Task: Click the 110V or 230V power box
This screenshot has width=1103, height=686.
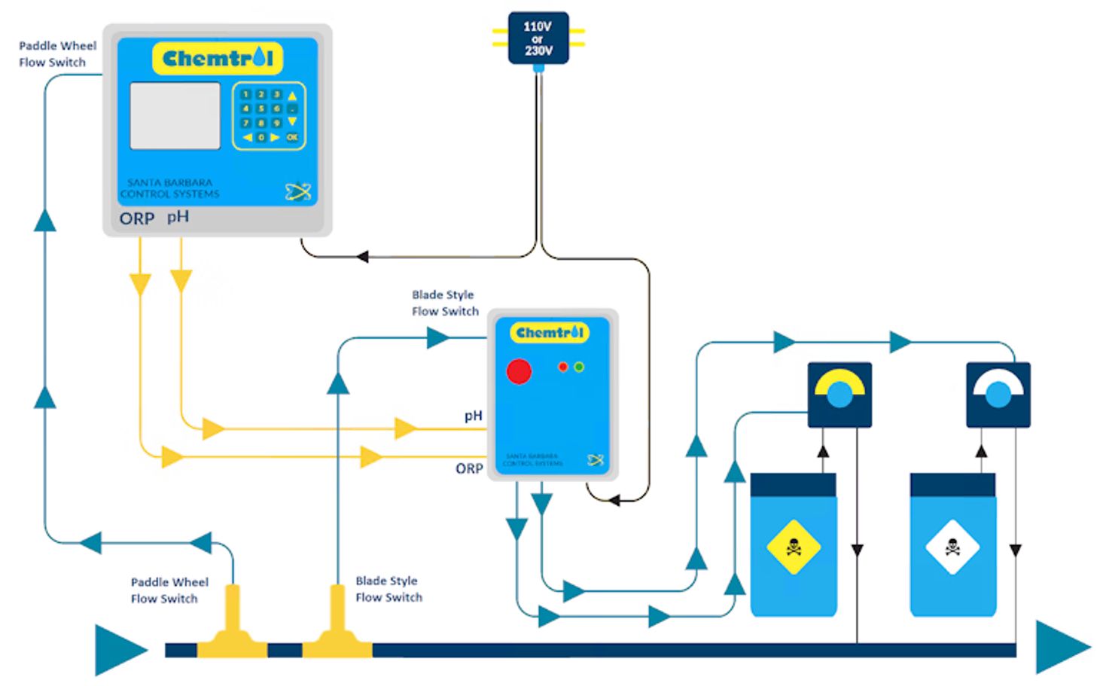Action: (x=538, y=38)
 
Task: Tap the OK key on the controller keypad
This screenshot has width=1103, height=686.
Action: (x=292, y=137)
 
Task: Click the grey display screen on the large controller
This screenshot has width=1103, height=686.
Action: (x=175, y=116)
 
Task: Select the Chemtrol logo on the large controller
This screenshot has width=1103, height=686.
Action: (x=217, y=59)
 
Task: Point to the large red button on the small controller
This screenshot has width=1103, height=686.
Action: (x=519, y=371)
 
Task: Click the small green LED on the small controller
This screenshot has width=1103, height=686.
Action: (x=579, y=367)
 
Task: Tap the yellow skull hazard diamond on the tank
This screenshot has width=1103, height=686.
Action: (x=793, y=547)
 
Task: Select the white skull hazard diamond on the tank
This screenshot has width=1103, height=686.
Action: (x=952, y=547)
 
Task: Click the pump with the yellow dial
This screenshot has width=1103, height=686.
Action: (x=839, y=395)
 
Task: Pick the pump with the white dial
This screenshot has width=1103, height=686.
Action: (x=998, y=395)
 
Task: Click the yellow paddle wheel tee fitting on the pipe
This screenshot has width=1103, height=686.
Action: (x=233, y=629)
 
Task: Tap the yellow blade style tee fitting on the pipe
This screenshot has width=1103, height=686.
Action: (x=337, y=629)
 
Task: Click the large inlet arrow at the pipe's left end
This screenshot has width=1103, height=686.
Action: (x=120, y=649)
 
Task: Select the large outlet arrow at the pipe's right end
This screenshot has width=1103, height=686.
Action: (x=1062, y=647)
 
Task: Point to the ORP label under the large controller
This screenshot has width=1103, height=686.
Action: (x=136, y=219)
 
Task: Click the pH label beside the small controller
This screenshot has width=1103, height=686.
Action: (x=473, y=416)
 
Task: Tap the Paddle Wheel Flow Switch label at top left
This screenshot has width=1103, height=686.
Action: (x=57, y=54)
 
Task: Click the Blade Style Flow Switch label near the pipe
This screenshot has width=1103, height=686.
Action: (x=388, y=589)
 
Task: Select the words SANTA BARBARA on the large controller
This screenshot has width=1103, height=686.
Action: (x=169, y=182)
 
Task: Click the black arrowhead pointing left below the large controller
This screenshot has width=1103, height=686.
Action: (x=362, y=257)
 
